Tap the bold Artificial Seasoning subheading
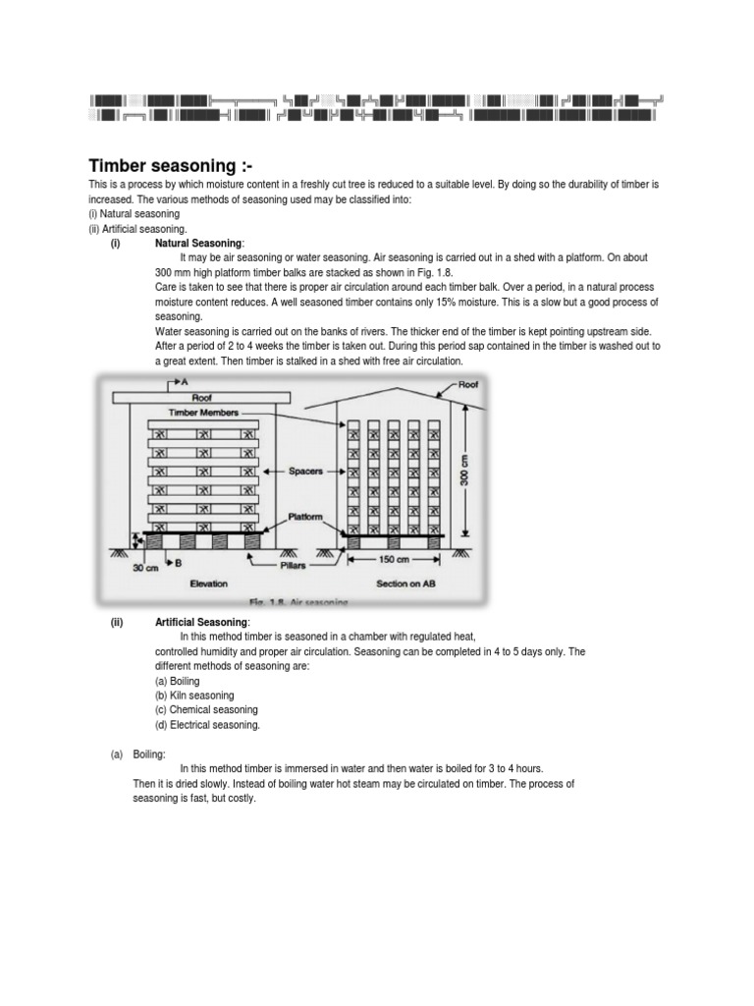click(x=202, y=623)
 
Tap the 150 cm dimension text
click(x=395, y=560)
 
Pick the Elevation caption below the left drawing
click(x=208, y=583)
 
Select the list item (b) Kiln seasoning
click(x=194, y=695)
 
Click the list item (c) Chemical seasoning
click(x=206, y=709)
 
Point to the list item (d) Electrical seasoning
click(x=207, y=724)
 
